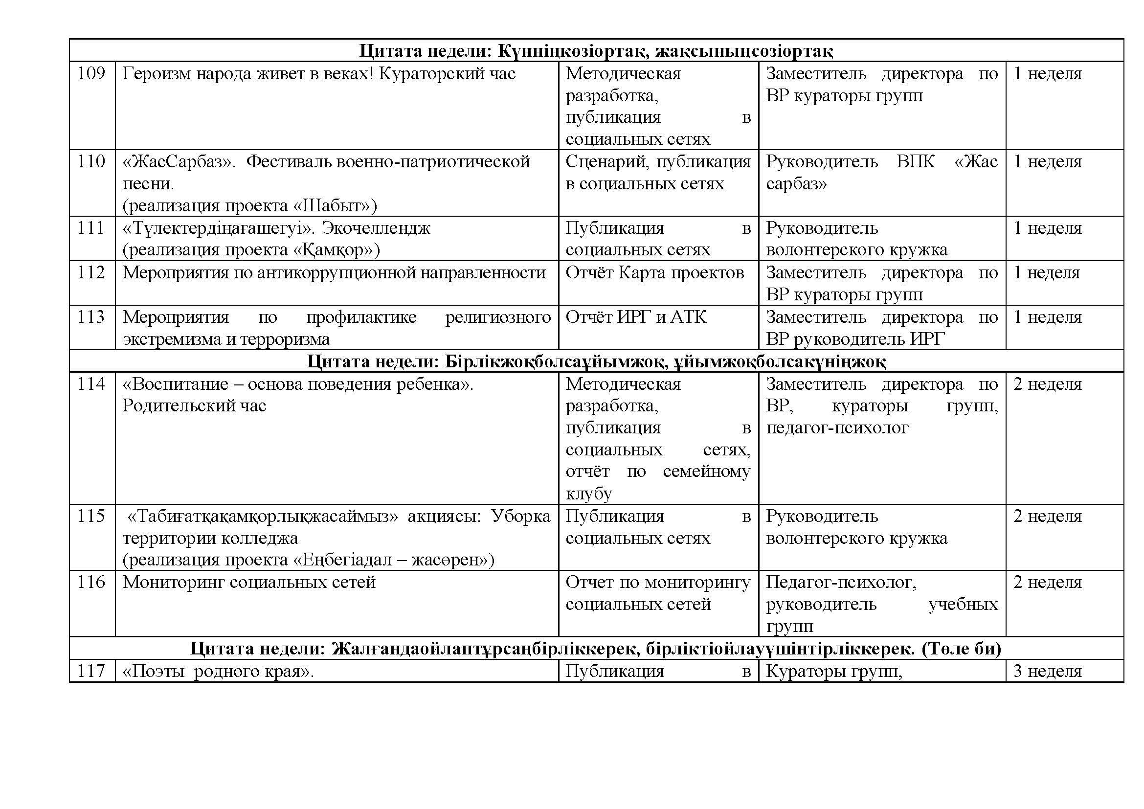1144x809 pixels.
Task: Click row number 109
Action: [91, 74]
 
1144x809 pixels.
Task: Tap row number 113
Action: [91, 317]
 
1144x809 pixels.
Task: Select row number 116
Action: [91, 582]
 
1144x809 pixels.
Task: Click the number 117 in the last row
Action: [91, 671]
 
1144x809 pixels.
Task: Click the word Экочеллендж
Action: [376, 228]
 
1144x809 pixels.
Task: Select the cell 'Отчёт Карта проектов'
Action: [655, 272]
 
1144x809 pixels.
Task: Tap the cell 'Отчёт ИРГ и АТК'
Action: [636, 317]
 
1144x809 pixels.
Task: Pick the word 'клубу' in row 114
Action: [588, 494]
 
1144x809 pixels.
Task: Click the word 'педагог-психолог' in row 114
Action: [837, 427]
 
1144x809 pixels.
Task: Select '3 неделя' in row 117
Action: [1047, 671]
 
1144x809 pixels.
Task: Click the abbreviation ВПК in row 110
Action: [915, 162]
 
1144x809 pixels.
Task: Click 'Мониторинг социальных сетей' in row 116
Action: [249, 582]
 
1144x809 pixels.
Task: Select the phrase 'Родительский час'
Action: [194, 405]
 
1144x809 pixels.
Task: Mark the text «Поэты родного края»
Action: [218, 671]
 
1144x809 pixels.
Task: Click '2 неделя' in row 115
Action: [1047, 516]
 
